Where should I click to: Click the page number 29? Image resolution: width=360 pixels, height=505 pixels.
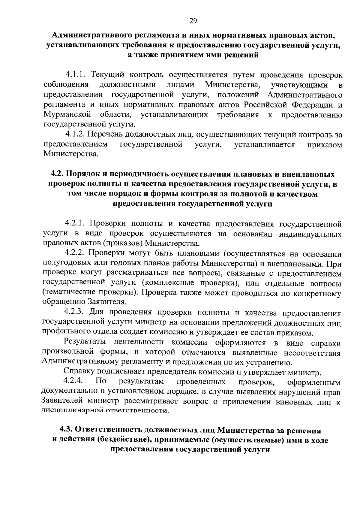coord(193,20)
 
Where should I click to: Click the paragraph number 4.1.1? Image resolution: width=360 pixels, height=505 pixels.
coord(76,74)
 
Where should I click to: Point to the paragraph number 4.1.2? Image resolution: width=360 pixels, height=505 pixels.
coord(76,134)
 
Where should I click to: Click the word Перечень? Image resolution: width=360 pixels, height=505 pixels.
coord(105,134)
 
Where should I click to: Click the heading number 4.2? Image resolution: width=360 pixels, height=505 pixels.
coord(57,174)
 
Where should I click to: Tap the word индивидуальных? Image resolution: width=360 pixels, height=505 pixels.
coord(310,234)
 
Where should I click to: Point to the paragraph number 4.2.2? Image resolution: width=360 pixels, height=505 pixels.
coord(76,254)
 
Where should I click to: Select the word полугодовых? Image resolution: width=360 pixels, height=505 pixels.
coord(62,264)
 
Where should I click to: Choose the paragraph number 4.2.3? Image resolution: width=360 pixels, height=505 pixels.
coord(76,313)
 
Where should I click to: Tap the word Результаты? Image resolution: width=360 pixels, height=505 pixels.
coord(85,342)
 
